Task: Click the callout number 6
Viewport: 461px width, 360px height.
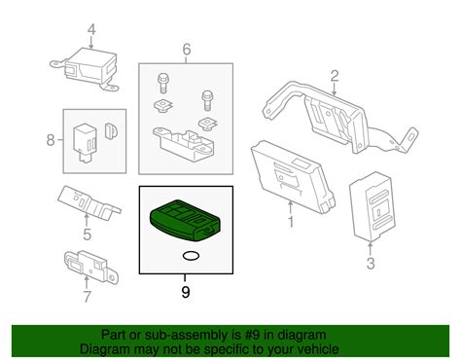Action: pyautogui.click(x=187, y=48)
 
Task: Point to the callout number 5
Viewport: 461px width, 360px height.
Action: pyautogui.click(x=86, y=233)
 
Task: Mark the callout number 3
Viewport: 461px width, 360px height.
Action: pyautogui.click(x=370, y=263)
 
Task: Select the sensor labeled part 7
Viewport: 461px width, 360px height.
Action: pyautogui.click(x=85, y=265)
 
